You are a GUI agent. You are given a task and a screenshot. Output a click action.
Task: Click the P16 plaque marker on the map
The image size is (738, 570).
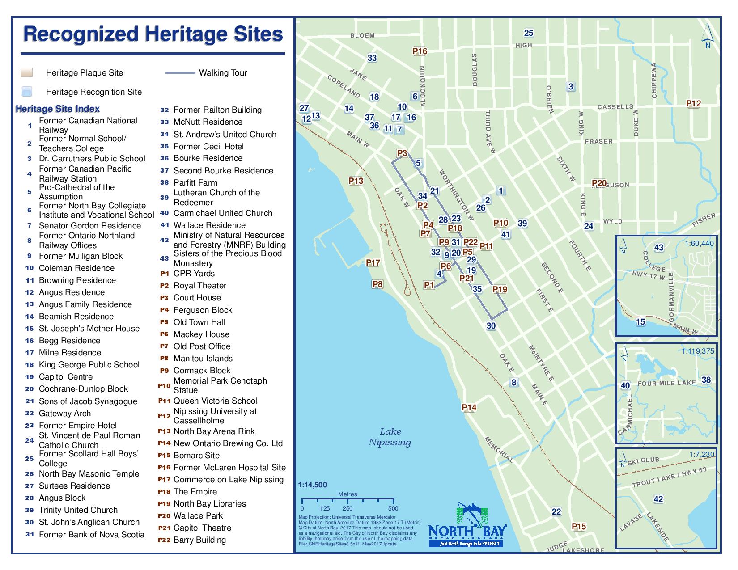coord(420,51)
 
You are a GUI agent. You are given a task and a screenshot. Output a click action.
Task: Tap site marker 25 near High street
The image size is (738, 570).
coord(529,33)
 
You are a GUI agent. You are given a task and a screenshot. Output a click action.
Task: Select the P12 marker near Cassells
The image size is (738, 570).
coord(693,104)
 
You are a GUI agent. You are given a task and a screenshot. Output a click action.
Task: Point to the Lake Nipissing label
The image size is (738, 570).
coord(390,437)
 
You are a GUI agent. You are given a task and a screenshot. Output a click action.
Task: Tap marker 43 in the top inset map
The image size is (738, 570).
coord(659,248)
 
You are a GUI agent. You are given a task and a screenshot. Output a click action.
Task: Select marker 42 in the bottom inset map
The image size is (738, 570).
coord(658,499)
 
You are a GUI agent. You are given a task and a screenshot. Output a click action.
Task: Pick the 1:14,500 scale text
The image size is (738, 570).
coord(312,485)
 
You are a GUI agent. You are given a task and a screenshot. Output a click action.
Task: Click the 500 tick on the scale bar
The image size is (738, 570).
coord(393,508)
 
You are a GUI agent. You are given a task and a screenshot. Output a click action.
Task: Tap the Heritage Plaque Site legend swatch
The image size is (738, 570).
coord(27,73)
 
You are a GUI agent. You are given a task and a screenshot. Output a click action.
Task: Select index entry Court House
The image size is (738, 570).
coord(197,298)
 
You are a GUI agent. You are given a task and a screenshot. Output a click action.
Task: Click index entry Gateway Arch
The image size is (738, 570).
coord(65,414)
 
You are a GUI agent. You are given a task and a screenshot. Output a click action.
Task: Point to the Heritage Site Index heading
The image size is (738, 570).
coord(57,109)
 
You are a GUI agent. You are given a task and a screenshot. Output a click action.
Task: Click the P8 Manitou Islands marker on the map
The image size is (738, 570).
coord(377,284)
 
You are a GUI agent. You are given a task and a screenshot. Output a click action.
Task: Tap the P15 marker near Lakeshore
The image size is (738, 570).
coord(579,527)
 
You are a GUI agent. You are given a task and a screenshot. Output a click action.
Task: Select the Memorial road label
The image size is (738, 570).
coord(499,449)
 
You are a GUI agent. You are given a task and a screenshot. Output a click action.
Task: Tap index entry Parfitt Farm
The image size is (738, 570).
coord(195,183)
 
